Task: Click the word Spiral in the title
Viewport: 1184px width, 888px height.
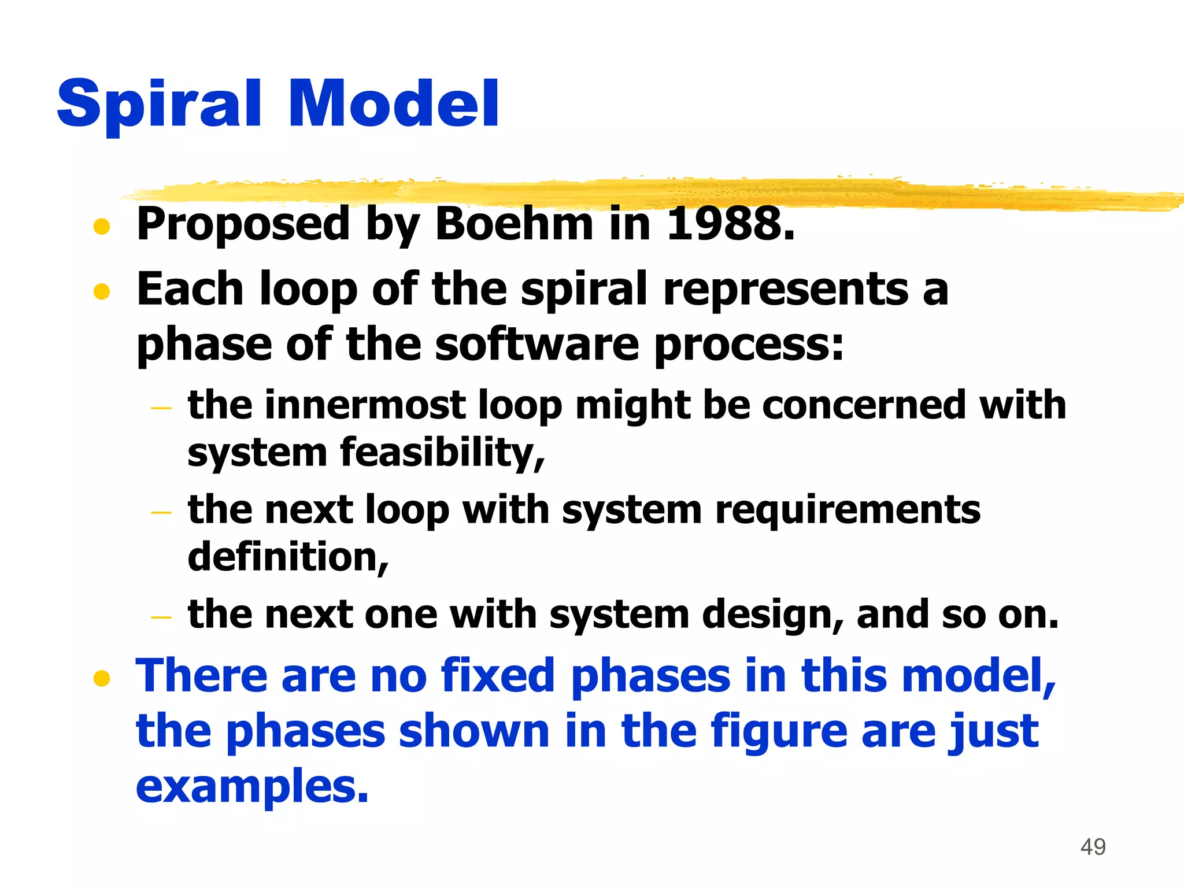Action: (159, 104)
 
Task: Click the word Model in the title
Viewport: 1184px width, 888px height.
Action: (393, 104)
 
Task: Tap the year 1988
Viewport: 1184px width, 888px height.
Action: (730, 224)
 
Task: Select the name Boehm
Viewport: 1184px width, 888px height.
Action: (514, 224)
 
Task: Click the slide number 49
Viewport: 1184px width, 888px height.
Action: (1093, 847)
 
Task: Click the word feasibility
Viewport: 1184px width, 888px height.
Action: (442, 452)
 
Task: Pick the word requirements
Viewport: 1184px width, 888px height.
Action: (848, 510)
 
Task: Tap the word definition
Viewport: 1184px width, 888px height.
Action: (287, 557)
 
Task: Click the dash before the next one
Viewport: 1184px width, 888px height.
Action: (161, 617)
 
